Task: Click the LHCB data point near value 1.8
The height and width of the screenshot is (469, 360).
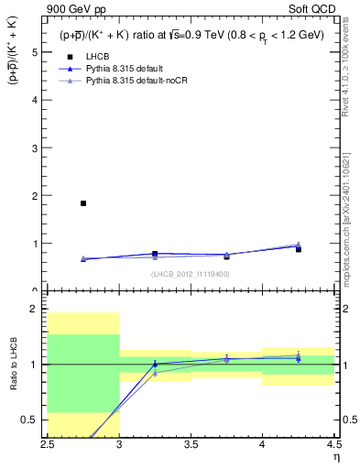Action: pyautogui.click(x=83, y=203)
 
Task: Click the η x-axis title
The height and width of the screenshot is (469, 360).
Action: pyautogui.click(x=336, y=456)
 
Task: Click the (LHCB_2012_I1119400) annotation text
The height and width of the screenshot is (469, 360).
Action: pyautogui.click(x=191, y=273)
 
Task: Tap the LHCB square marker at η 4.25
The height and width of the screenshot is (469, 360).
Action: pyautogui.click(x=298, y=249)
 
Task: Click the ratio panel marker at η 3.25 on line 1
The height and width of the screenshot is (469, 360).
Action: pyautogui.click(x=155, y=364)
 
